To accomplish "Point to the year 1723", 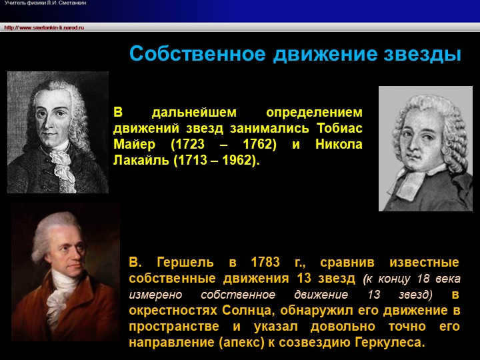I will [x=191, y=145].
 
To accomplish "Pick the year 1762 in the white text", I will [x=259, y=145].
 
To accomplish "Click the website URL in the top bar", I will [x=43, y=27].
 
